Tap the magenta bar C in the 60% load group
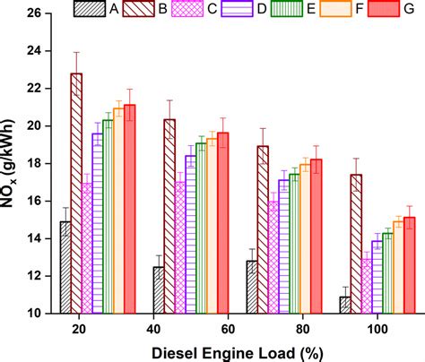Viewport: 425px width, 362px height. pos(179,246)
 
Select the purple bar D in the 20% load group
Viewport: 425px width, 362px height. pos(97,223)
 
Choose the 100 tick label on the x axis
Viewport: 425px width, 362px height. pos(357,328)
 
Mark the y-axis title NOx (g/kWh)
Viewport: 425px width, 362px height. pos(13,163)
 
